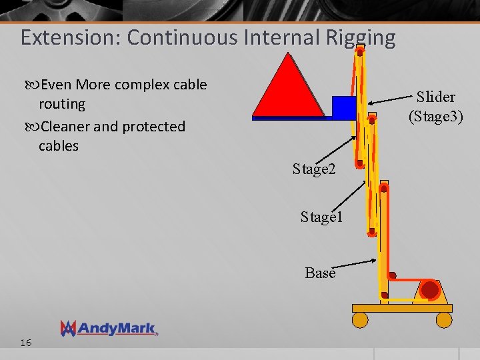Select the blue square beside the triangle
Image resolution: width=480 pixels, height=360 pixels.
344,107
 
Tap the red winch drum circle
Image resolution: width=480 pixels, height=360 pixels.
430,290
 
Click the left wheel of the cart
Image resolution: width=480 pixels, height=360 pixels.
360,320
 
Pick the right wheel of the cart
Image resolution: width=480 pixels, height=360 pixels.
444,320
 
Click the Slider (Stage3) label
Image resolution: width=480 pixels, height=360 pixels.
436,107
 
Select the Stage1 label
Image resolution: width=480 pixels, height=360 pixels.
321,217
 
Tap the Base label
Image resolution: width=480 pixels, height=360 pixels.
320,273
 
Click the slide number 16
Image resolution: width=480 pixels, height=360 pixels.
26,343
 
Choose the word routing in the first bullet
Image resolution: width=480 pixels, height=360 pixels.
62,104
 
